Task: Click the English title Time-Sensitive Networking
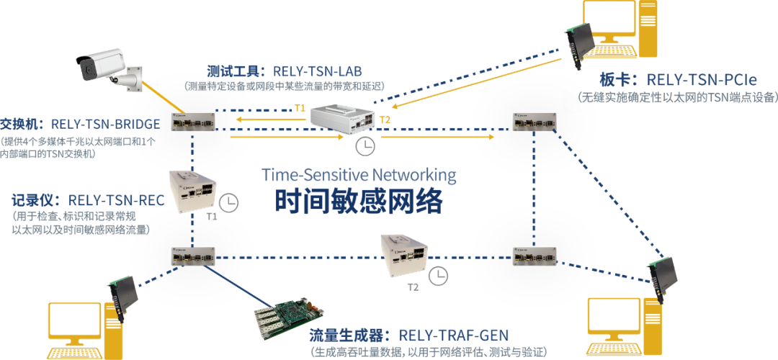[358, 174]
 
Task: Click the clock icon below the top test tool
[365, 146]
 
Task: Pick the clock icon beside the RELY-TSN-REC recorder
[229, 202]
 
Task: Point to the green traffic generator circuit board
[285, 317]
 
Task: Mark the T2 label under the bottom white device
[412, 287]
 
